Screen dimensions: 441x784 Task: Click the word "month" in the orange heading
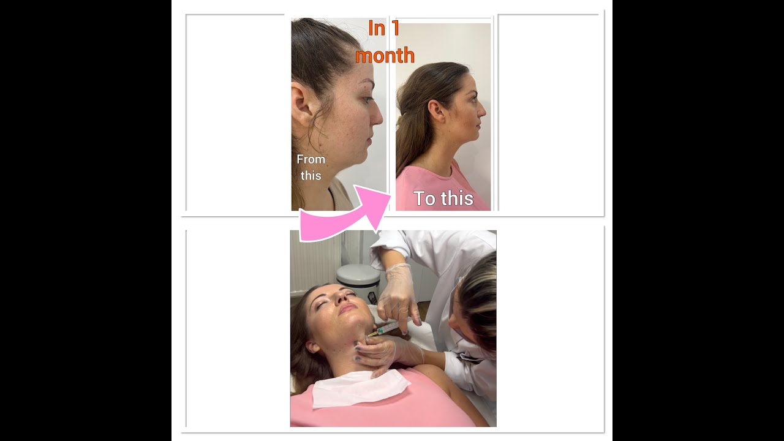click(x=385, y=56)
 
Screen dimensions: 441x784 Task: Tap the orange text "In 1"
click(x=383, y=29)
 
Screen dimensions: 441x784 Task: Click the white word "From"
click(x=311, y=159)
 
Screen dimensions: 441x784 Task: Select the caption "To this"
click(x=443, y=198)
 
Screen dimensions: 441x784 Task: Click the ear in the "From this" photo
click(x=303, y=105)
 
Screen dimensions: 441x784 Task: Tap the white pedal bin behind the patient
click(x=358, y=282)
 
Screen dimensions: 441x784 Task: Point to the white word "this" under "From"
click(x=311, y=176)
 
